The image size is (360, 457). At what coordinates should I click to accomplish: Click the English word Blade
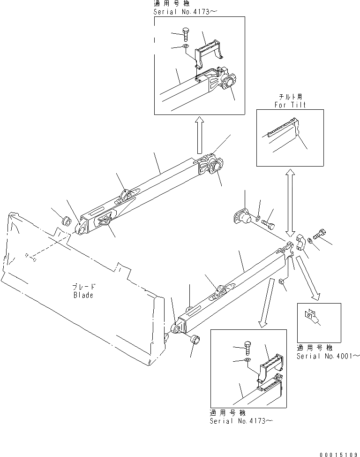point(83,295)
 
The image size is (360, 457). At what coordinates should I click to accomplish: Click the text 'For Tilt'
point(290,105)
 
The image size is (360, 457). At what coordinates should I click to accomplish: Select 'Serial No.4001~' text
point(328,356)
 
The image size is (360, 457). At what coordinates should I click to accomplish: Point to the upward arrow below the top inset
point(199,136)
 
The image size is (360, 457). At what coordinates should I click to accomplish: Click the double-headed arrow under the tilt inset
point(291,203)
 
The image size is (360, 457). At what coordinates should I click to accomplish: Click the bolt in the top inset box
point(186,34)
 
